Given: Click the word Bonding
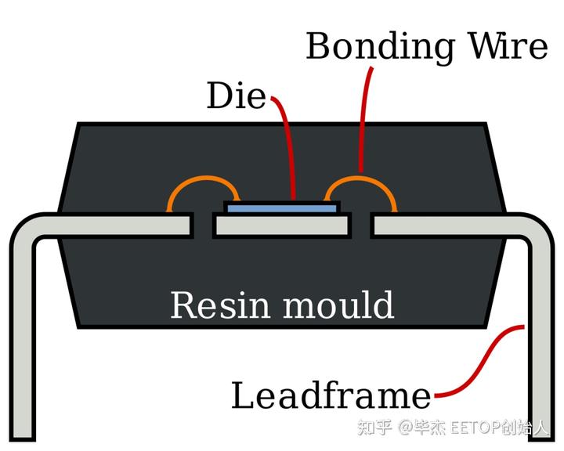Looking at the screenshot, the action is pyautogui.click(x=380, y=48).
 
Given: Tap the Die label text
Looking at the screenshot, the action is pyautogui.click(x=237, y=96).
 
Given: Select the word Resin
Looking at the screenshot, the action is pyautogui.click(x=219, y=305).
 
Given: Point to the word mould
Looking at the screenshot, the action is pyautogui.click(x=339, y=305).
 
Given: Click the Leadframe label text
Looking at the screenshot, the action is pyautogui.click(x=331, y=395).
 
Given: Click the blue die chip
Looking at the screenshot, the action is pyautogui.click(x=282, y=208).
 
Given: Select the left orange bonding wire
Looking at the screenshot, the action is pyautogui.click(x=203, y=179).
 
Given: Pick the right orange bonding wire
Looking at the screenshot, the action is pyautogui.click(x=361, y=179).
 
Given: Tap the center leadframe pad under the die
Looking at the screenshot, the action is pyautogui.click(x=282, y=225).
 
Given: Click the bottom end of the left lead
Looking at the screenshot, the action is pyautogui.click(x=22, y=438).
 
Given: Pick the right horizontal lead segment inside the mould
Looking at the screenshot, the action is pyautogui.click(x=444, y=225).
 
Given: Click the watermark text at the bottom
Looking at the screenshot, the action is pyautogui.click(x=453, y=428).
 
